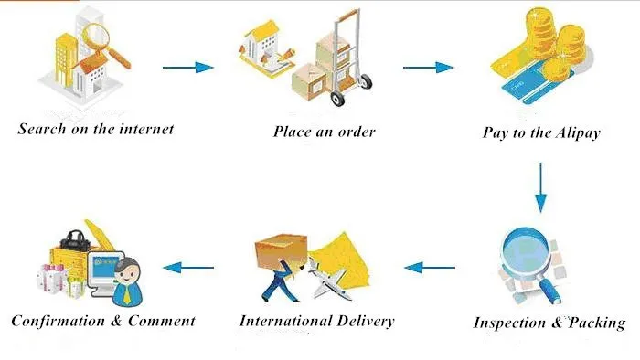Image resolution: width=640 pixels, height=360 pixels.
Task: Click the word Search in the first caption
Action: point(42,129)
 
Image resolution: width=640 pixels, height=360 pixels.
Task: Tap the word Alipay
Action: point(578,132)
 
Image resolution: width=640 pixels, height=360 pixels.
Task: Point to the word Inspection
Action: point(509,323)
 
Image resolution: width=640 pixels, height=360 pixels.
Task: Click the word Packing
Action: point(597,323)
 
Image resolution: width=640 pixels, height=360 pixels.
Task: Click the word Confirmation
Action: point(58,321)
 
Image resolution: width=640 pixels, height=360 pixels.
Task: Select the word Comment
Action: point(162,321)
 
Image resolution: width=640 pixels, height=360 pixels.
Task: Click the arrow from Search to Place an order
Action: point(187,68)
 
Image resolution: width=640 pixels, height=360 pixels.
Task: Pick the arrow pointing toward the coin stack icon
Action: point(428,68)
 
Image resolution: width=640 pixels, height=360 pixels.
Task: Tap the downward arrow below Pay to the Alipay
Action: point(541,187)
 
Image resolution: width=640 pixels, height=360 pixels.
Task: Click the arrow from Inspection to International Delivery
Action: point(430,268)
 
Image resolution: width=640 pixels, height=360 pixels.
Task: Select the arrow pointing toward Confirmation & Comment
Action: point(188,268)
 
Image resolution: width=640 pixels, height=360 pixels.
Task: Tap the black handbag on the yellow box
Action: point(75,239)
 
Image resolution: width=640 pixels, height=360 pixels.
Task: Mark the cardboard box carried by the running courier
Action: point(281,249)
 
